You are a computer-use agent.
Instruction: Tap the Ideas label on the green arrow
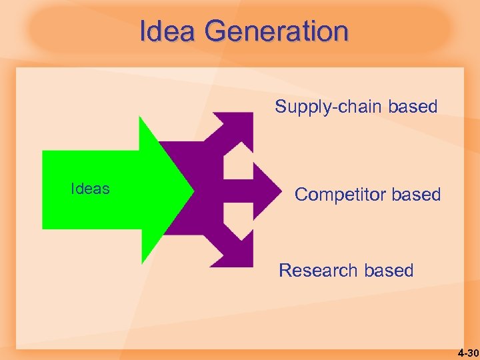coord(90,189)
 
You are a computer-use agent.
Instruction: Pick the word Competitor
coord(340,195)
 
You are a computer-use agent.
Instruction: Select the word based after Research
coord(389,271)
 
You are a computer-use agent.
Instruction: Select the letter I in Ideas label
coord(73,189)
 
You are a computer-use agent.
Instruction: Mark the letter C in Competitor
coord(301,195)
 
